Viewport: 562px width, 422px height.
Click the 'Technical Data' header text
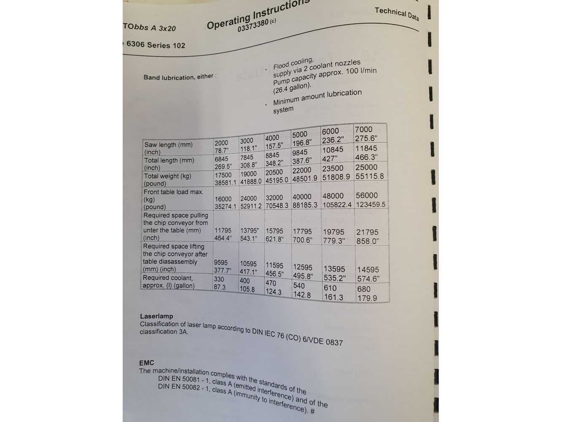coord(396,14)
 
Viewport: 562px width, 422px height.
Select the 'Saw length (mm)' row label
coord(168,145)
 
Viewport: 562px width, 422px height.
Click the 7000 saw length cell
coord(363,129)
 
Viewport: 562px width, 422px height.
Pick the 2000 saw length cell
coord(221,143)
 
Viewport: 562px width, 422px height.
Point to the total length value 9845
coord(300,153)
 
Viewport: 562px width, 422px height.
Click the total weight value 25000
coord(366,167)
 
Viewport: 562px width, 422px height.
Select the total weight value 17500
coord(223,175)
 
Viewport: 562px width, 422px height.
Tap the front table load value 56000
coord(367,195)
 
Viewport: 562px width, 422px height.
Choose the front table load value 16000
coord(223,199)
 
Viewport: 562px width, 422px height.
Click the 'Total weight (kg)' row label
coord(167,176)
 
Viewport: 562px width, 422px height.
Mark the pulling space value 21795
coord(367,232)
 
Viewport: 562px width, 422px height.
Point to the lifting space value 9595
coord(220,262)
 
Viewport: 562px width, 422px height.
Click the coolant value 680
coord(363,289)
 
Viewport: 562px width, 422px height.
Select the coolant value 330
coord(219,279)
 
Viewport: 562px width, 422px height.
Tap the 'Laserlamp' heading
coord(156,316)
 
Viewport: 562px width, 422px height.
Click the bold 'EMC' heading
coord(147,362)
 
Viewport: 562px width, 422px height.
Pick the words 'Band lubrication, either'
coord(179,77)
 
